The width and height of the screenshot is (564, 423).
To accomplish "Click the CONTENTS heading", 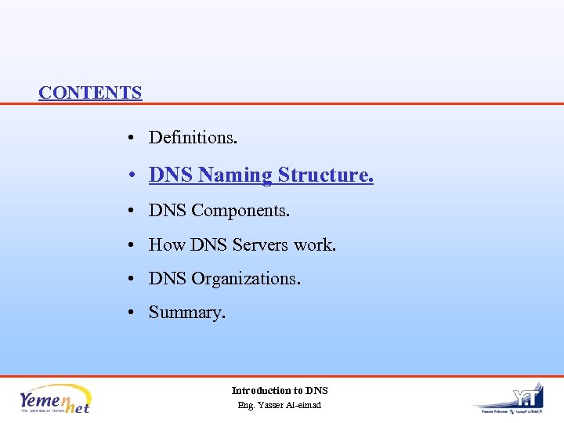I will [x=90, y=92].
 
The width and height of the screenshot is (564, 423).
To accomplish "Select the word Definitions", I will [x=193, y=138].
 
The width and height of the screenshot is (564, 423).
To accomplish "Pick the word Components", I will [x=240, y=211].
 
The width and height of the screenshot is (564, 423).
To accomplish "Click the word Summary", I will [x=186, y=313].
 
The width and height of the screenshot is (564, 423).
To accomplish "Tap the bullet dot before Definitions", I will [x=135, y=139].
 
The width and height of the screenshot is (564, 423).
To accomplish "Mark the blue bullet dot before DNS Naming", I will [x=135, y=175].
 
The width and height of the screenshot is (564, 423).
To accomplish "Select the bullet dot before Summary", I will [x=135, y=313].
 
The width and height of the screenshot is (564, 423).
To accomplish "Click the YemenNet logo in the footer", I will [x=55, y=399].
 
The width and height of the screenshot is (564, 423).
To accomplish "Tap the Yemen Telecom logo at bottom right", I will [x=508, y=398].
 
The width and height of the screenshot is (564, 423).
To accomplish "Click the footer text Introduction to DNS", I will [x=280, y=390].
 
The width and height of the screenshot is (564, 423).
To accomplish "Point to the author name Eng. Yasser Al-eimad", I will [x=280, y=405].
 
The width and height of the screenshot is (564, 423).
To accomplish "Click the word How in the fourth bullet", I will [x=167, y=245].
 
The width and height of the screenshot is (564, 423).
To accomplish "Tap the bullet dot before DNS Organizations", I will [x=135, y=280].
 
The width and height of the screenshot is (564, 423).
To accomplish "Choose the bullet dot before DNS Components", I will [x=135, y=211].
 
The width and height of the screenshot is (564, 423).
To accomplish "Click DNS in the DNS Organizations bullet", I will [x=168, y=279].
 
